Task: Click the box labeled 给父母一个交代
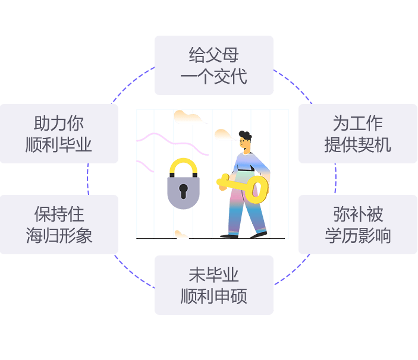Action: pos(214,65)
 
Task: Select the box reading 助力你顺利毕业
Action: pos(59,134)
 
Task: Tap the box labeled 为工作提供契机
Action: pos(357,134)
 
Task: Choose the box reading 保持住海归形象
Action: pos(59,225)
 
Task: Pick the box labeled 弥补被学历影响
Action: pos(357,225)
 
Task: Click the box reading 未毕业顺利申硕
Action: pos(214,285)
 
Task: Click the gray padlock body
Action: pos(183,193)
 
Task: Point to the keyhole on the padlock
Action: pos(183,191)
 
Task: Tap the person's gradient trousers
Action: pos(245,211)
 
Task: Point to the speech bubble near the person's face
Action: pos(223,135)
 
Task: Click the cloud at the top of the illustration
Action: pos(189,117)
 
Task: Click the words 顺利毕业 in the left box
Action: pos(59,144)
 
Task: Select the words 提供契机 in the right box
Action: pos(357,144)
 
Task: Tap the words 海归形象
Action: pos(59,235)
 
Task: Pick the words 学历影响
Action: pos(357,235)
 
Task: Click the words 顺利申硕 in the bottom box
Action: pos(214,296)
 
